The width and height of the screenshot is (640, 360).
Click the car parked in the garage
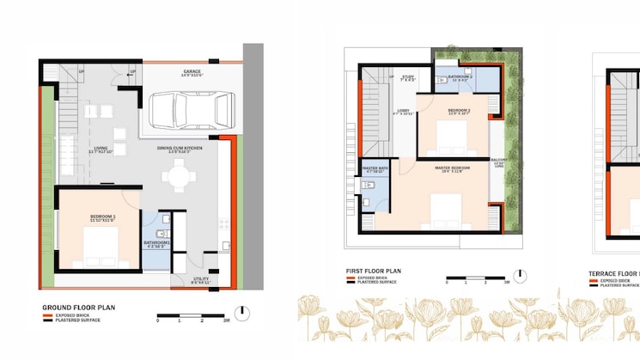[x=192, y=108]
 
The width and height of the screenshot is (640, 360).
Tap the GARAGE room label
[x=192, y=72]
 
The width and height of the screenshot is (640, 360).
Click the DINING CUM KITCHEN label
[x=180, y=149]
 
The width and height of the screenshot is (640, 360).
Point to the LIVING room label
[x=101, y=149]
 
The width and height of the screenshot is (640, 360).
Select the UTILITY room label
[x=201, y=279]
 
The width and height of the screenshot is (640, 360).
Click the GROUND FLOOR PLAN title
[x=78, y=307]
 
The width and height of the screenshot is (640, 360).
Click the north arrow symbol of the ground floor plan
[x=246, y=313]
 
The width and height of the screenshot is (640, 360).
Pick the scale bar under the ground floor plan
[x=191, y=314]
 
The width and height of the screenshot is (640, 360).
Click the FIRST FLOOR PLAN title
[x=373, y=272]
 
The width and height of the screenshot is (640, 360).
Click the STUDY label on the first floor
[x=408, y=77]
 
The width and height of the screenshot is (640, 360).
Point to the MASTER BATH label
[x=375, y=168]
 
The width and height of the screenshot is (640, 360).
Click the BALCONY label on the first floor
[x=498, y=161]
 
